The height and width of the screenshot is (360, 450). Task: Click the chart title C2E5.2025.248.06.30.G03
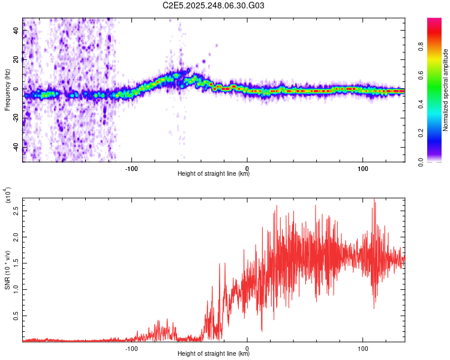click(214, 6)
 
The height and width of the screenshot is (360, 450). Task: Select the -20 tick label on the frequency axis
click(16, 118)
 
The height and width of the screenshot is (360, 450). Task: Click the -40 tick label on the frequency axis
click(16, 146)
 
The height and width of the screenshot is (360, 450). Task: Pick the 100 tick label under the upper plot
click(363, 167)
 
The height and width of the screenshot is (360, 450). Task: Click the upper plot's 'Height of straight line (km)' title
click(214, 174)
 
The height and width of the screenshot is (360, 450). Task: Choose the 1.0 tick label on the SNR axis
click(16, 289)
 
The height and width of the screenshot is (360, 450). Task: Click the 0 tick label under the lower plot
click(247, 347)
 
